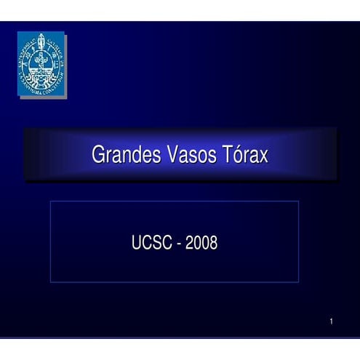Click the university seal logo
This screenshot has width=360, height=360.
tap(41, 64)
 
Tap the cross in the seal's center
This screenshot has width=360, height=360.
tap(42, 64)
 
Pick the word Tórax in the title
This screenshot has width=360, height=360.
tap(245, 155)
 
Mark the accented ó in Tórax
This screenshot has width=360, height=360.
tap(240, 155)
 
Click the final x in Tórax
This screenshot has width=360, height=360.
tap(264, 156)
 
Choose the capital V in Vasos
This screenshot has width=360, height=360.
tap(174, 155)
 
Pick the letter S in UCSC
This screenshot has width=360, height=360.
tap(156, 243)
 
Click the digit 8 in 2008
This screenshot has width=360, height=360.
tap(214, 243)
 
